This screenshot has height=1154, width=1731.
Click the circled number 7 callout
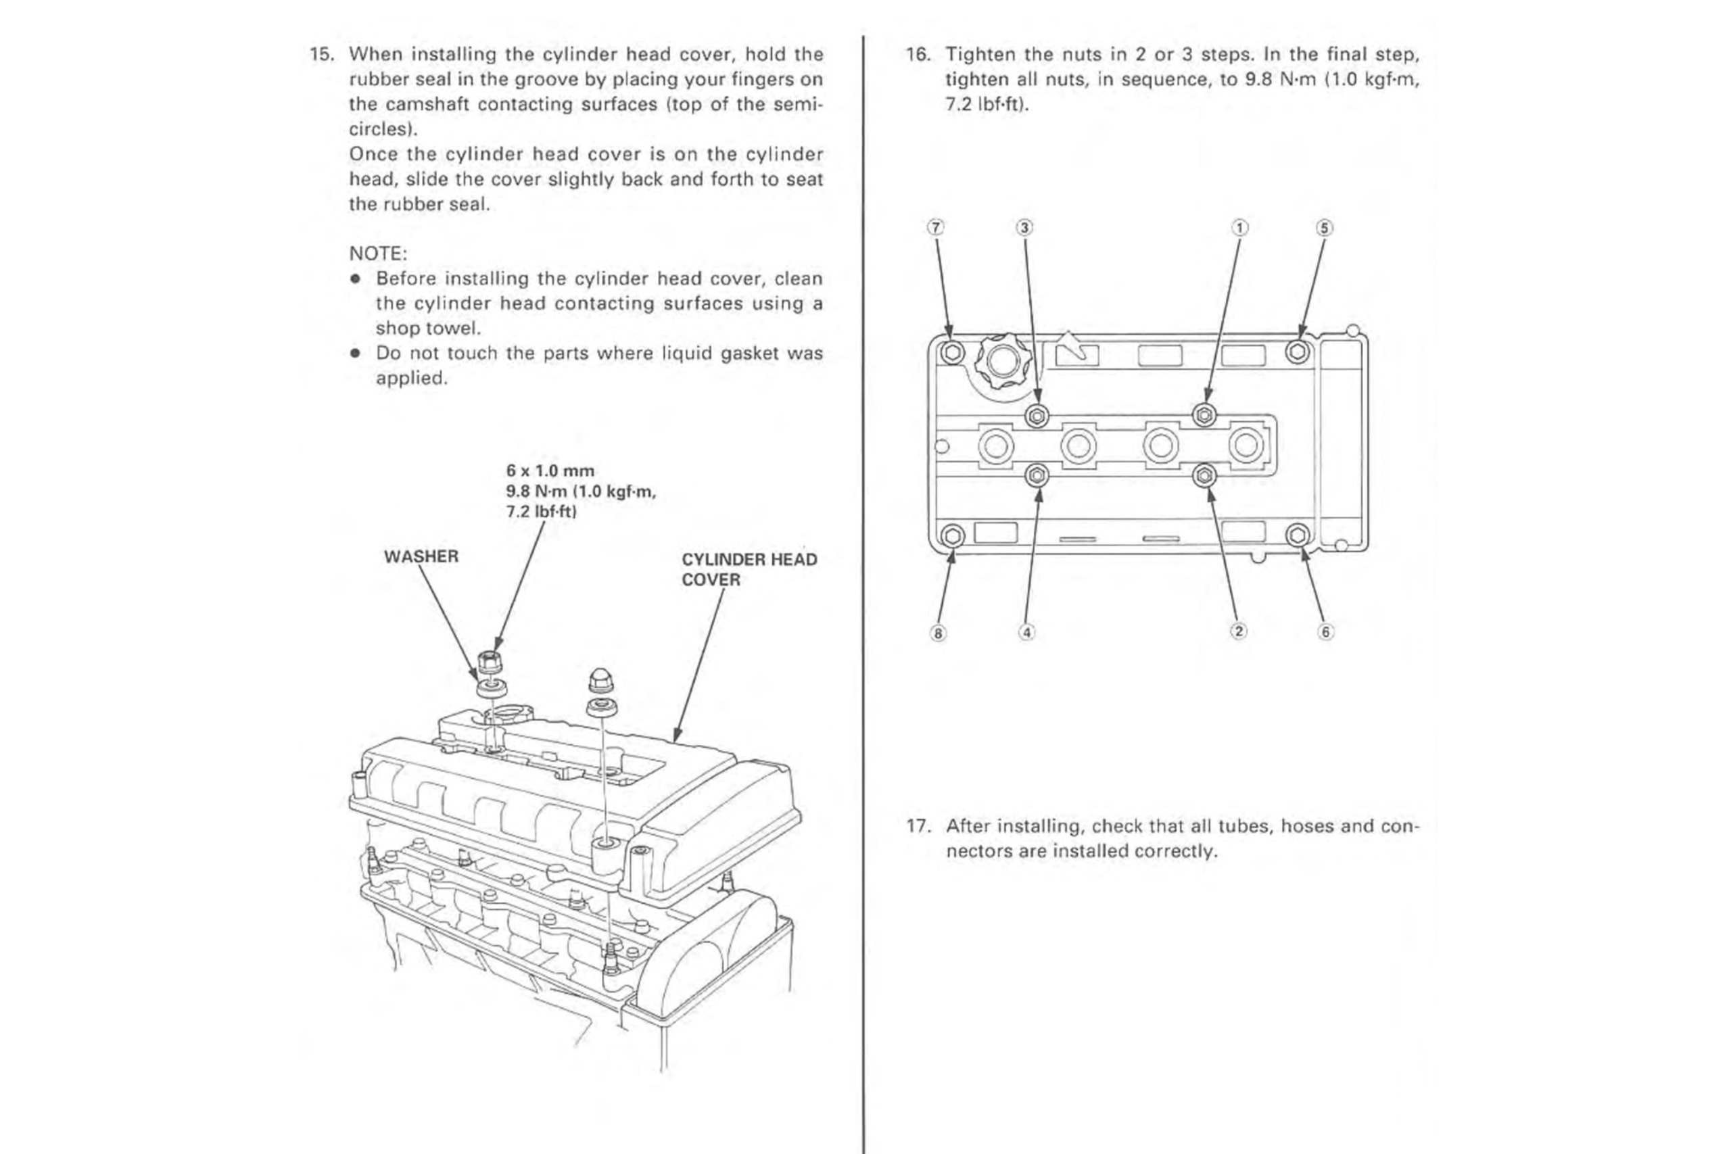click(935, 227)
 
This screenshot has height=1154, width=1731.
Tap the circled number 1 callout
click(1240, 227)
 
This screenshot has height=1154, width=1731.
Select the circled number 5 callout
click(1324, 227)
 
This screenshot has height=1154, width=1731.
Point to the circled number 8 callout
click(938, 633)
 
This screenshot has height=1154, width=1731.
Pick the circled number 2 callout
click(1239, 631)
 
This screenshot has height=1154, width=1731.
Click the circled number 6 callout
click(1325, 631)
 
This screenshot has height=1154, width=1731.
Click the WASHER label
click(421, 556)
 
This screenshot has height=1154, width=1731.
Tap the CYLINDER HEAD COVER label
click(749, 570)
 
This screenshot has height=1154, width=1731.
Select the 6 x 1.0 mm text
click(550, 471)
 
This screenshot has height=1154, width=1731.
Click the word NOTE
click(377, 254)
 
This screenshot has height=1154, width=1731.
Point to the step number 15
click(321, 55)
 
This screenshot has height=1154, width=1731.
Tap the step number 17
click(918, 825)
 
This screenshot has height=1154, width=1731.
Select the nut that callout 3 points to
click(1037, 416)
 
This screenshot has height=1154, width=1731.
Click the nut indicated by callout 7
click(952, 352)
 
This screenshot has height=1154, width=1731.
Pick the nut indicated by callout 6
click(1298, 535)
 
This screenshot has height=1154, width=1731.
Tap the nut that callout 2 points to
click(1205, 476)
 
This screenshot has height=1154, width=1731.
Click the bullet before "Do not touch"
click(356, 354)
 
